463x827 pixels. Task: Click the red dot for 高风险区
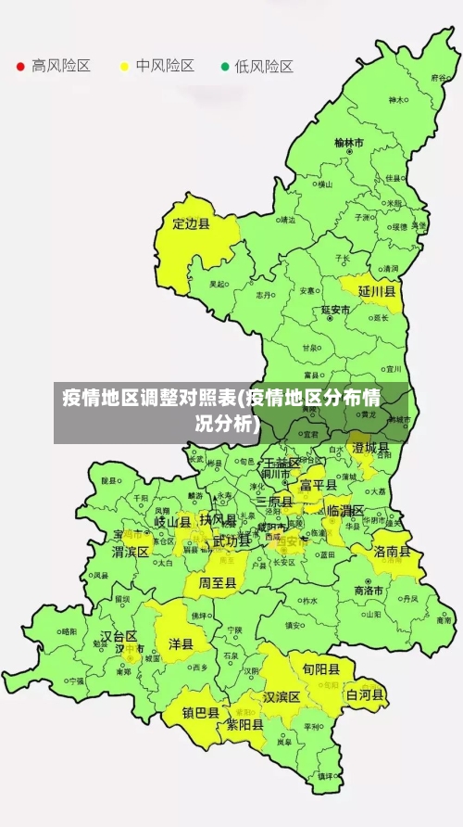19,67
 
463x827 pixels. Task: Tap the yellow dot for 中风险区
123,67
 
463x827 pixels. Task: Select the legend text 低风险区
264,67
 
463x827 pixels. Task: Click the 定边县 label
192,223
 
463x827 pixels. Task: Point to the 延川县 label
377,291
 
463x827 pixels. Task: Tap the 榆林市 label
349,144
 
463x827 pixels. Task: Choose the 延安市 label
335,310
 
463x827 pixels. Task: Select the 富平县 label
319,484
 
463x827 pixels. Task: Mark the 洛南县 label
393,551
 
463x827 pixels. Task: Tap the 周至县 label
218,583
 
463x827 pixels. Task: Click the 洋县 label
181,643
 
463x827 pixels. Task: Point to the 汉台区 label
119,637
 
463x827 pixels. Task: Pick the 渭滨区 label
131,552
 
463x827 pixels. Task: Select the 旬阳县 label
314,668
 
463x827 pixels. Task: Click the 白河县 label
365,694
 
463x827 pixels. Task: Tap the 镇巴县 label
200,713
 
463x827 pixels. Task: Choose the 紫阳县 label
245,725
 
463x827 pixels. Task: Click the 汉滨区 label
282,696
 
